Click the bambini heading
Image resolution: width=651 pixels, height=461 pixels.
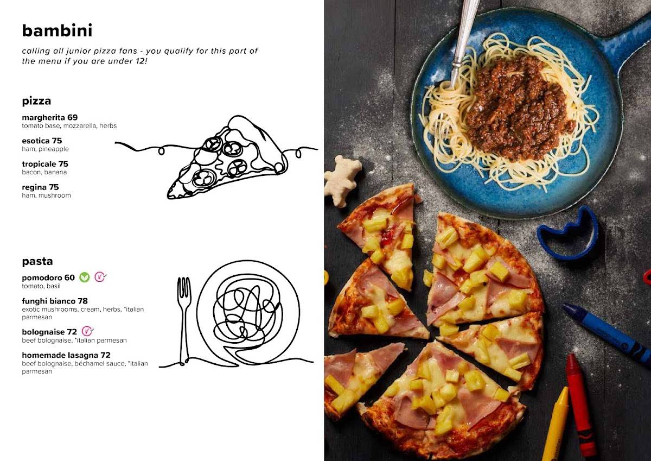pos(58,30)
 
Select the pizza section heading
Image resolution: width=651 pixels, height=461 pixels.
pos(36,101)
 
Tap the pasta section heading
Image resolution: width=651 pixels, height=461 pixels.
pos(37,261)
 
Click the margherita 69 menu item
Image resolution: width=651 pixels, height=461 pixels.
pos(50,117)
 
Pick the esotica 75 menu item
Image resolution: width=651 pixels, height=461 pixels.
pos(42,141)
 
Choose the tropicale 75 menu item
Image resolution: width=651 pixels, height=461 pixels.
pos(45,164)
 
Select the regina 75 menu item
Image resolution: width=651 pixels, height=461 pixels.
pos(40,187)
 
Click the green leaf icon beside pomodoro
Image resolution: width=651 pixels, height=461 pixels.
pos(85,277)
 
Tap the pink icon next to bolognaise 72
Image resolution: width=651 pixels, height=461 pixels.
pos(87,331)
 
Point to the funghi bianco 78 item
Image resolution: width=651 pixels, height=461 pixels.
pos(55,301)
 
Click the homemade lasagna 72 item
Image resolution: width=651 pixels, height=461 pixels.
pos(66,355)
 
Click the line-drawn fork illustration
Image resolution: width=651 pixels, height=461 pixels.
pos(184,320)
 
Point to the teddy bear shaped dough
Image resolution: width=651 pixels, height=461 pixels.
pos(342,181)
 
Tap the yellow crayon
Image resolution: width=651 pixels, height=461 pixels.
pos(556,425)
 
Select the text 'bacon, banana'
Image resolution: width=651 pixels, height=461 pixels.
pos(44,172)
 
